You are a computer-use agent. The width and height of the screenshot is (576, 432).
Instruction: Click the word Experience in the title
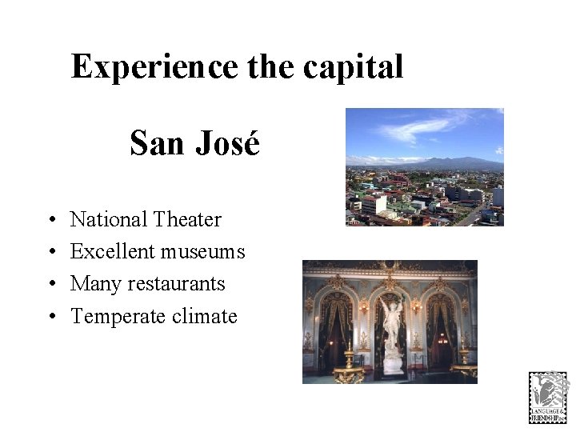tap(154, 67)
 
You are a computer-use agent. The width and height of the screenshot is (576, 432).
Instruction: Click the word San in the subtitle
tap(158, 144)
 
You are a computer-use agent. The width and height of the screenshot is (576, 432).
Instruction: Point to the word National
tap(109, 219)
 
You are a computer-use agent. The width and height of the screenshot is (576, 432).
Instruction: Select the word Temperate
tap(118, 317)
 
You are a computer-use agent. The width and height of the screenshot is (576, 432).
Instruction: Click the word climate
tap(205, 317)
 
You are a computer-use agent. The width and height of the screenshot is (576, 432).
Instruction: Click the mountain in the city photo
tap(456, 163)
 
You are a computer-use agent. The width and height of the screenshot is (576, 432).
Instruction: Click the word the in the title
tap(270, 67)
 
